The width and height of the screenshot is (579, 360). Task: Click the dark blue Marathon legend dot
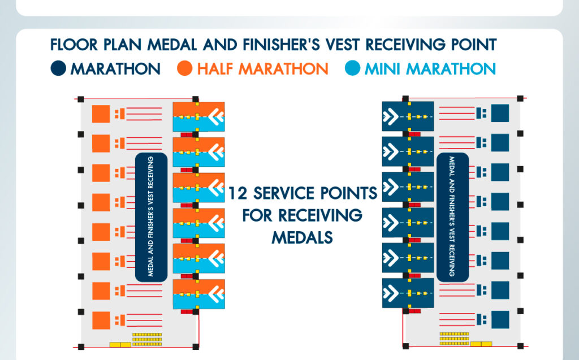pyautogui.click(x=58, y=69)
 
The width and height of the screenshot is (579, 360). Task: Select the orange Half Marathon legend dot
pyautogui.click(x=184, y=69)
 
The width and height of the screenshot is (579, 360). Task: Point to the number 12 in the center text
pyautogui.click(x=238, y=193)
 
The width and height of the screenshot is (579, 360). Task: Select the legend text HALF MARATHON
pyautogui.click(x=262, y=69)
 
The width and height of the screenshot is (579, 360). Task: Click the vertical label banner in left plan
pyautogui.click(x=151, y=217)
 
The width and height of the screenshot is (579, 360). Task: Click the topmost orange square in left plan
pyautogui.click(x=101, y=114)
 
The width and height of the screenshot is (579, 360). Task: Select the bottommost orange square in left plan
pyautogui.click(x=101, y=320)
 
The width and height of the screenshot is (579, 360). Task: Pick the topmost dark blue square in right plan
pyautogui.click(x=500, y=114)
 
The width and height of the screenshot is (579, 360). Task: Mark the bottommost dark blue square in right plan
pyautogui.click(x=500, y=320)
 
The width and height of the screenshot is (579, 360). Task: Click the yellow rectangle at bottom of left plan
pyautogui.click(x=120, y=344)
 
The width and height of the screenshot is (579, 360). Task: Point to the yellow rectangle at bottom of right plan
pyautogui.click(x=480, y=344)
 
